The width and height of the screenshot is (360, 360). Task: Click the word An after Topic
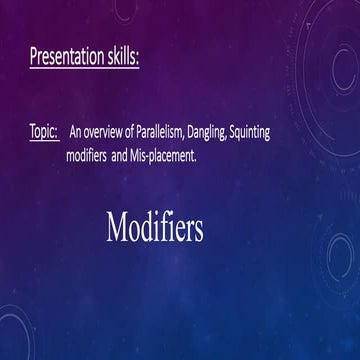click(76, 133)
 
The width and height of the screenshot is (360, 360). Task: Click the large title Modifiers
click(154, 228)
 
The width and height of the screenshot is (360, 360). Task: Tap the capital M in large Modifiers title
click(117, 228)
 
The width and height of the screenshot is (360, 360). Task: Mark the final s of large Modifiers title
click(198, 231)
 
